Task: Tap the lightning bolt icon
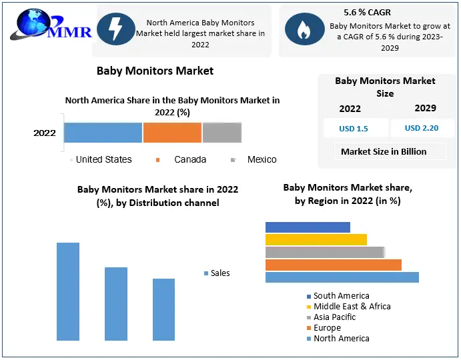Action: [115, 29]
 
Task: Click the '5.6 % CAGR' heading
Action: [367, 13]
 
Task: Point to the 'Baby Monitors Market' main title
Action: [155, 71]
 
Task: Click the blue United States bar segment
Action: [103, 133]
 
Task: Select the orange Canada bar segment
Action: [172, 133]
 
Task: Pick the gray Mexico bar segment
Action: [221, 133]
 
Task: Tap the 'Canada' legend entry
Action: [189, 159]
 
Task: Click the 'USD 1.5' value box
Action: [354, 128]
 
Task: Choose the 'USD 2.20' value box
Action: [422, 128]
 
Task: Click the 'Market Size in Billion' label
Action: [384, 151]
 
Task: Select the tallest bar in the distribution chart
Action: [68, 291]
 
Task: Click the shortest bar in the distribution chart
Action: [163, 309]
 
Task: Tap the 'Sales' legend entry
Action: [219, 273]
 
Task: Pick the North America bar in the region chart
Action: [342, 277]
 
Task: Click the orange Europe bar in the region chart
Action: [333, 265]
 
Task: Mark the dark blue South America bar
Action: [308, 227]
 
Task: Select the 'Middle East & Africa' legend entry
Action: [352, 306]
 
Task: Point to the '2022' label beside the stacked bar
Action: [45, 133]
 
